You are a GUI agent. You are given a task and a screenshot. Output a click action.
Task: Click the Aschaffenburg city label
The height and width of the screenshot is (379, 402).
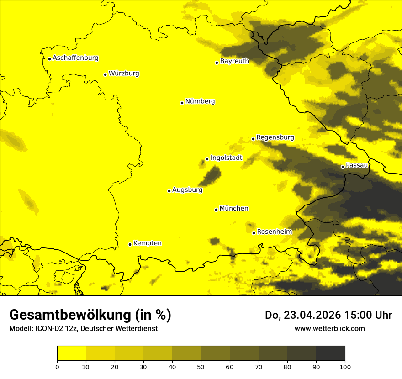point(75,58)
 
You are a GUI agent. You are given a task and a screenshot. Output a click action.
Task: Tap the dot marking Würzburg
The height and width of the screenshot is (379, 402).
point(105,74)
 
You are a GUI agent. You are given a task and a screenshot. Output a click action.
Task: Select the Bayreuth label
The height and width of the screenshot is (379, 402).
point(234,61)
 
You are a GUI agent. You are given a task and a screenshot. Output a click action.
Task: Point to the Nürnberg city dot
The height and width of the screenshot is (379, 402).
point(182,103)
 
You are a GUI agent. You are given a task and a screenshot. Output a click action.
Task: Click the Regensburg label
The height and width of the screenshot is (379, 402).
point(275,137)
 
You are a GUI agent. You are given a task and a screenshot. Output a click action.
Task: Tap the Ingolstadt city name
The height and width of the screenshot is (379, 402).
point(226,158)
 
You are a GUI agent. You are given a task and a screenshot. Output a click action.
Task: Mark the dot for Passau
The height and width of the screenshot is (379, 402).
point(343,167)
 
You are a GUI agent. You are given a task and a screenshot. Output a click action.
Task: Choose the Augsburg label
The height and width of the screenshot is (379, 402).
point(187,190)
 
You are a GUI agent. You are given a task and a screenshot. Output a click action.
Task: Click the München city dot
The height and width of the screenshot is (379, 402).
point(216,210)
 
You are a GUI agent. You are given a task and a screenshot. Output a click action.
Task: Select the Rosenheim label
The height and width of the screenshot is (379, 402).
point(274,232)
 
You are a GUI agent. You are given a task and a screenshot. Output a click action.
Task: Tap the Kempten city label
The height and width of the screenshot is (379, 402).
point(147,243)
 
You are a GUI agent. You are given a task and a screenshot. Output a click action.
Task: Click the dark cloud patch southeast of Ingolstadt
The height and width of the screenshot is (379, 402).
point(212,174)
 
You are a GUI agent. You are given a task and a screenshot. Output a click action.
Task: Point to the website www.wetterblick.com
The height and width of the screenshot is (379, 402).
point(329,328)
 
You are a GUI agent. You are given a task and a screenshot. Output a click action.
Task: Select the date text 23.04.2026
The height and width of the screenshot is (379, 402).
point(312,315)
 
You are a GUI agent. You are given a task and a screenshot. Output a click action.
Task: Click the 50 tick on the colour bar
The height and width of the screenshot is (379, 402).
point(201,366)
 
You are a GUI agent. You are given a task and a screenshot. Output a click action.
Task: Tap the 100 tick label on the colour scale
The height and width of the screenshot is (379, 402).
point(345,366)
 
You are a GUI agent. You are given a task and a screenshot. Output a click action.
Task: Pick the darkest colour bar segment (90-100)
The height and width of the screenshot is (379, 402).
point(330,353)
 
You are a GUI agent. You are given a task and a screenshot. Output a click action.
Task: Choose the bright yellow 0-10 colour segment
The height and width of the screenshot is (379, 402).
point(71,353)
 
